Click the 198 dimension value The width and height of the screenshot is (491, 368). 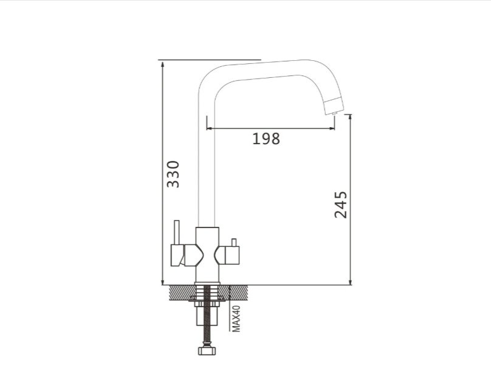coord(266,139)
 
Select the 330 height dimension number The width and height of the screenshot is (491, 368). coord(173,174)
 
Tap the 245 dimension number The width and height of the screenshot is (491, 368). coord(341,205)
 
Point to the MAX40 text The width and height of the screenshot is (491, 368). coord(236,319)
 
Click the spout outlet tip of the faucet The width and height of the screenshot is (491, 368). coord(334,113)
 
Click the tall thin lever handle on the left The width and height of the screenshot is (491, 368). coord(177,232)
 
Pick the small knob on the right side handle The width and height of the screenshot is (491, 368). coord(233,243)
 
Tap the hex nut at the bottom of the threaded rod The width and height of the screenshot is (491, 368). coord(207,350)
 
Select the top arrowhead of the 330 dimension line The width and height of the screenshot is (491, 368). coord(162,64)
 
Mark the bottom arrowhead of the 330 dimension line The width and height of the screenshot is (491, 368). coord(162,282)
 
